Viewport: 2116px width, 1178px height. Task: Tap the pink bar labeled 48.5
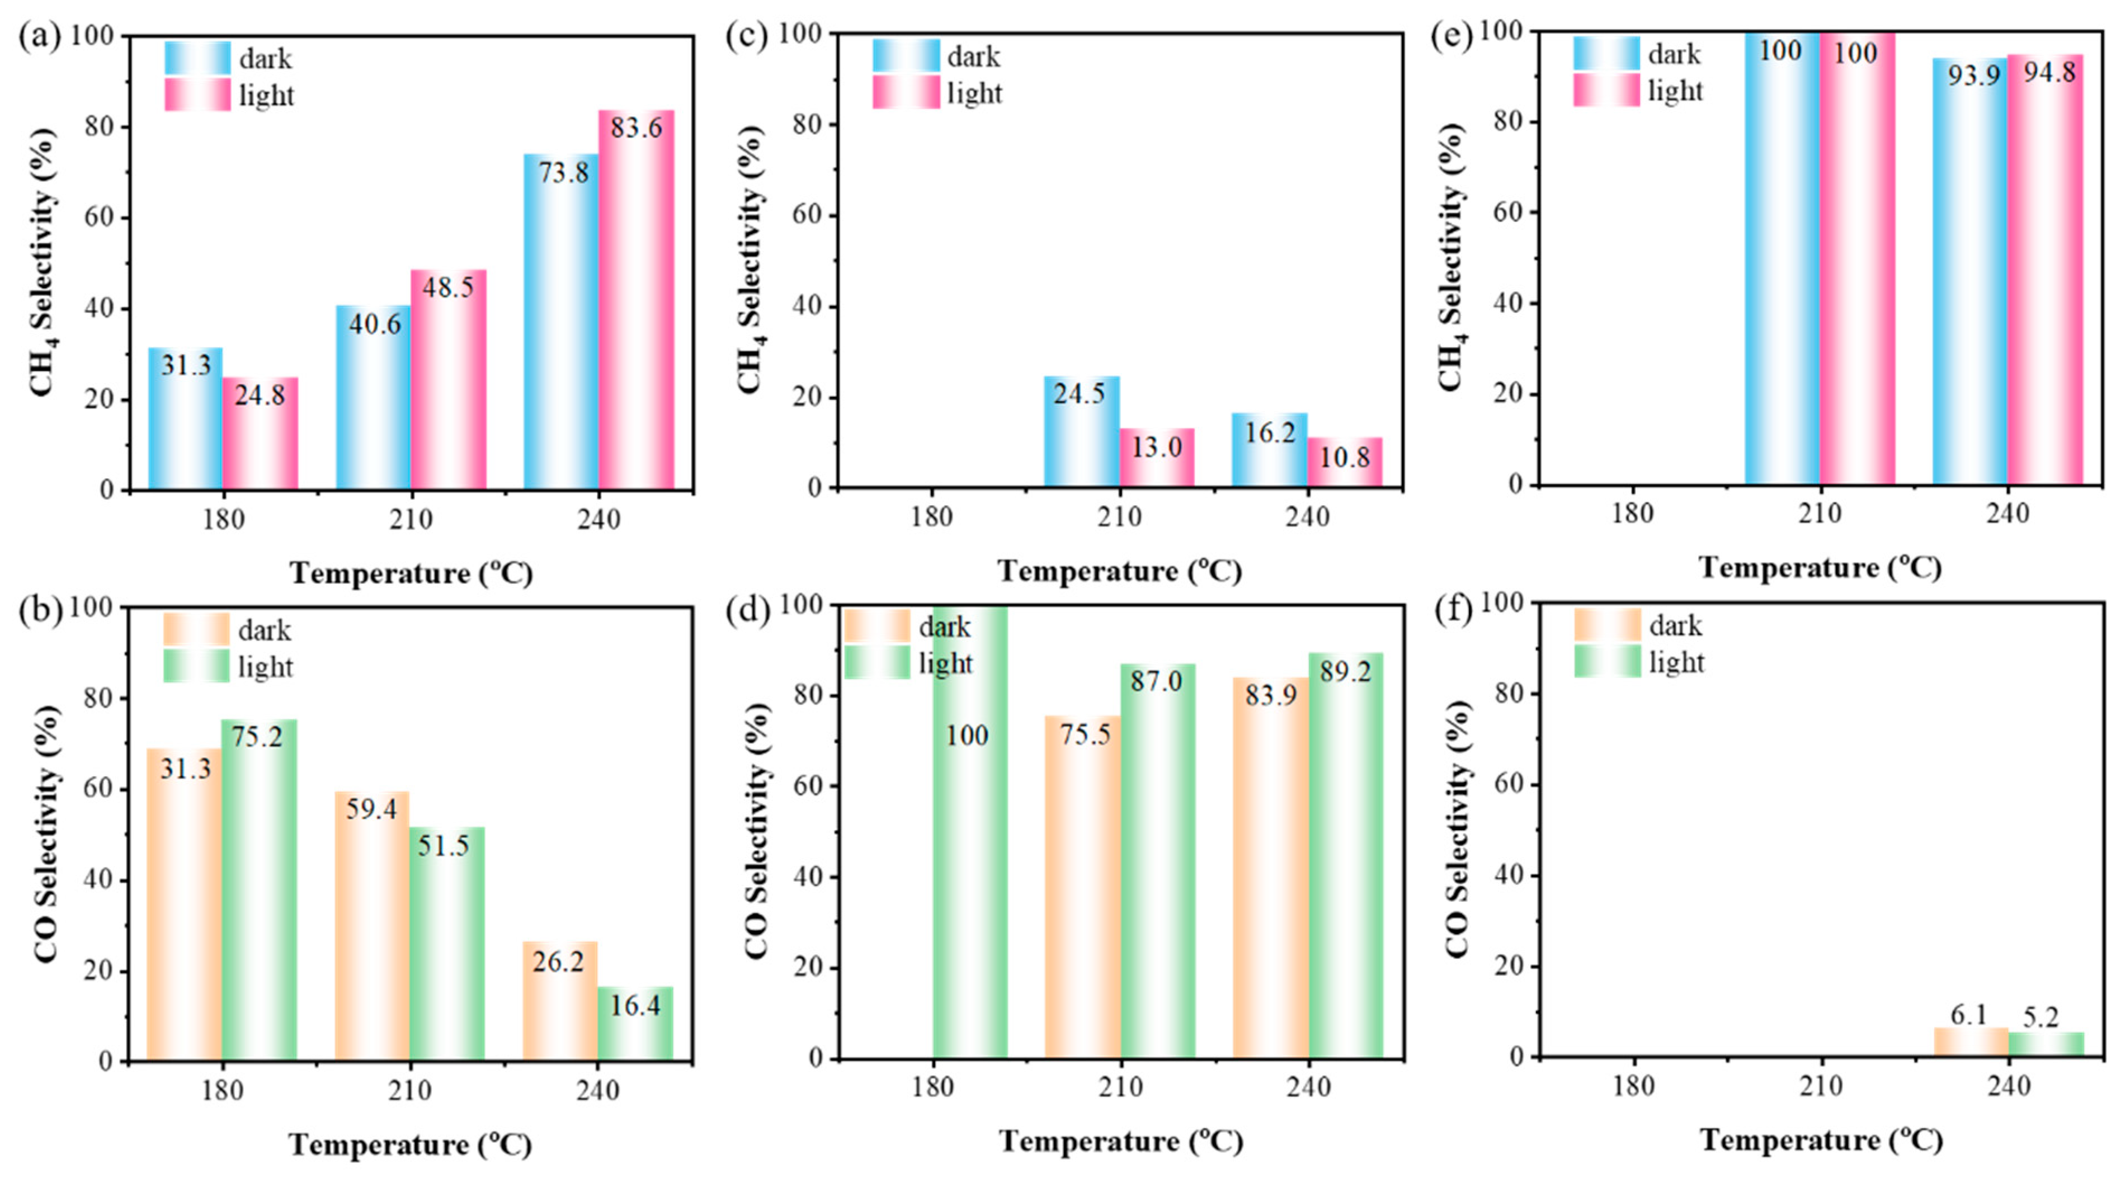(x=449, y=380)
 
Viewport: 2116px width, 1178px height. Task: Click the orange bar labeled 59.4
(x=372, y=926)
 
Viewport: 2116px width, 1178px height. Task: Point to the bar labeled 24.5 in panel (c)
(x=1082, y=432)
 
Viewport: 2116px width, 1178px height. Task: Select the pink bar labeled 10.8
(x=1345, y=463)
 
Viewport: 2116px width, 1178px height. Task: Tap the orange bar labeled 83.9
(x=1271, y=868)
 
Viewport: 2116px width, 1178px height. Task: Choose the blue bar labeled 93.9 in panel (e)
(x=1971, y=271)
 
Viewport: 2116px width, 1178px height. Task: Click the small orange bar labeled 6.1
(x=1971, y=1043)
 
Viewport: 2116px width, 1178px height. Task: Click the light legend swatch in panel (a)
(x=198, y=95)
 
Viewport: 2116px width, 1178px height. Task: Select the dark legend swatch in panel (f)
(x=1608, y=625)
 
